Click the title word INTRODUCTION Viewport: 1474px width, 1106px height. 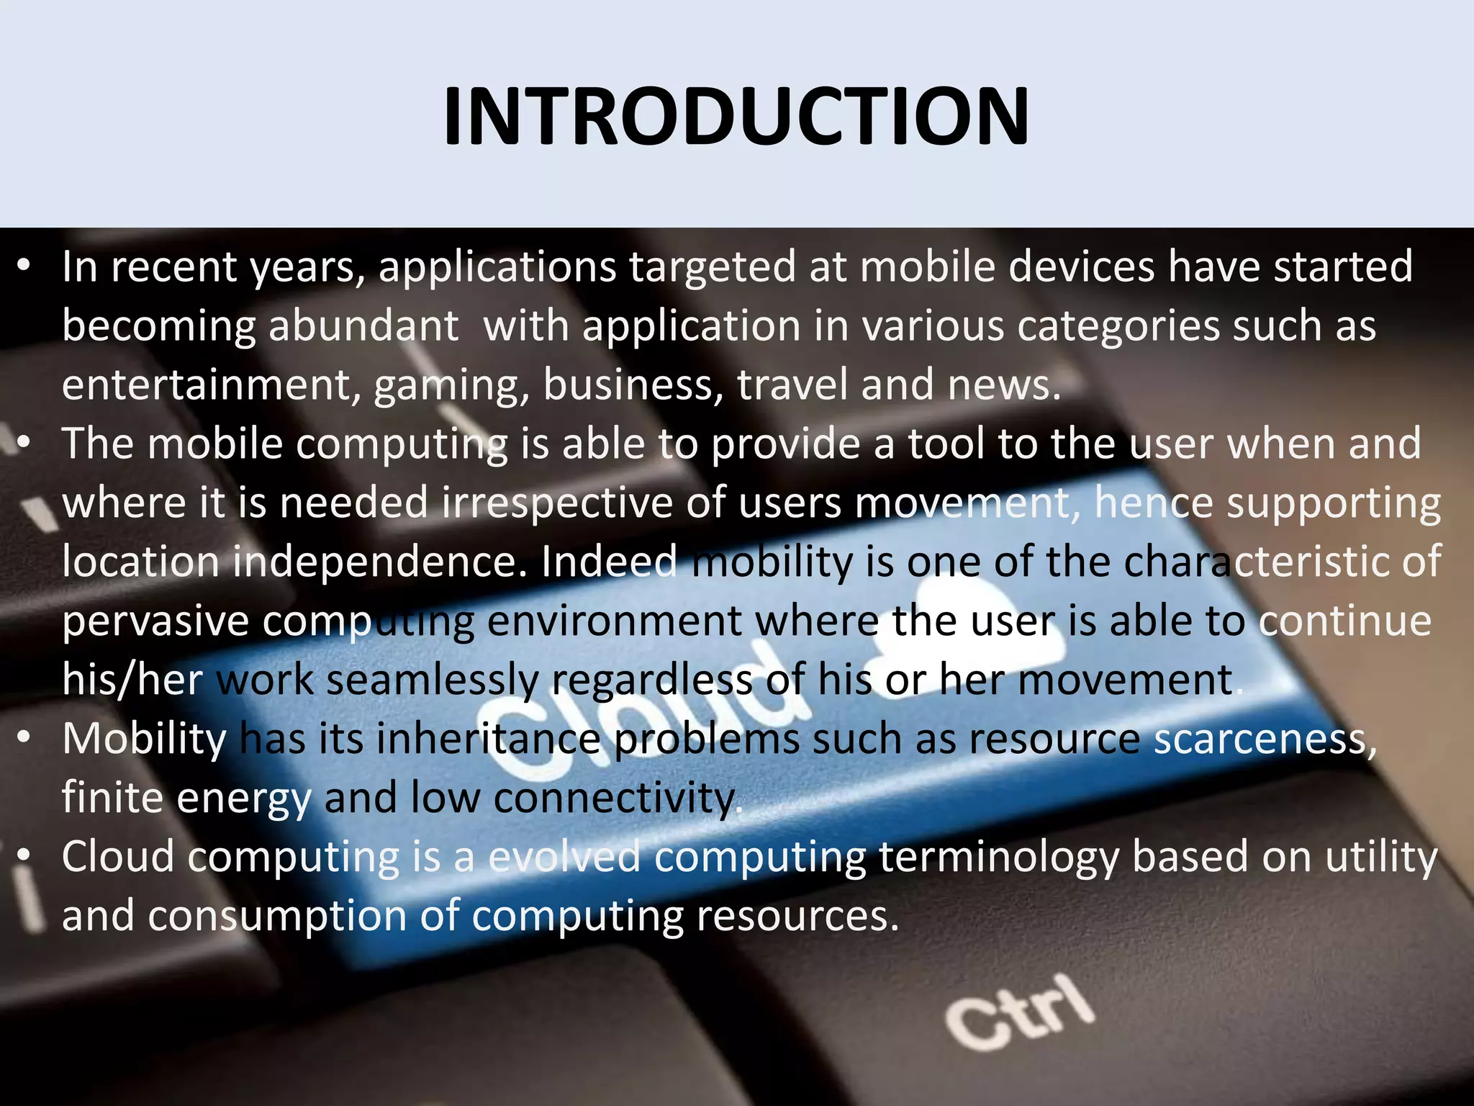pos(736,117)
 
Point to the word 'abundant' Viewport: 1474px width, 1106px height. pos(363,326)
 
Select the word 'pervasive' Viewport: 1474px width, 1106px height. pos(155,621)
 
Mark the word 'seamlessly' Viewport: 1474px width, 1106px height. pos(433,680)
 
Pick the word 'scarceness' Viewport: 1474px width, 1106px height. pos(1260,739)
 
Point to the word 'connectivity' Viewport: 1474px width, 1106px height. pos(615,799)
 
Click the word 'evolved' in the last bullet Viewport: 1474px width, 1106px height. pos(564,858)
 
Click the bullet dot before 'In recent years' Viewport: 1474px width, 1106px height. pos(24,267)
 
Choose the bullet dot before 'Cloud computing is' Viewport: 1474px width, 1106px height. pos(24,857)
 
